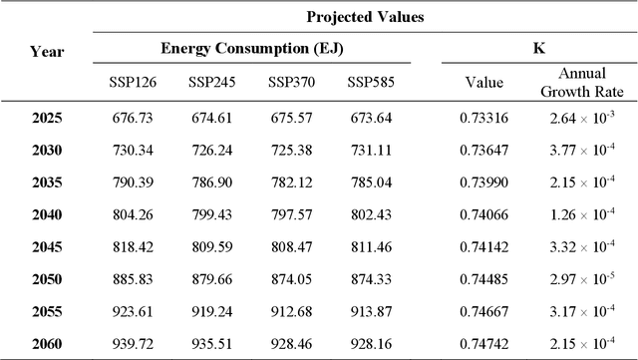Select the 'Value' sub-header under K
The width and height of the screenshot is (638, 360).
pos(484,84)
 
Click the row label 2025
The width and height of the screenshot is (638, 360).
pos(46,119)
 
